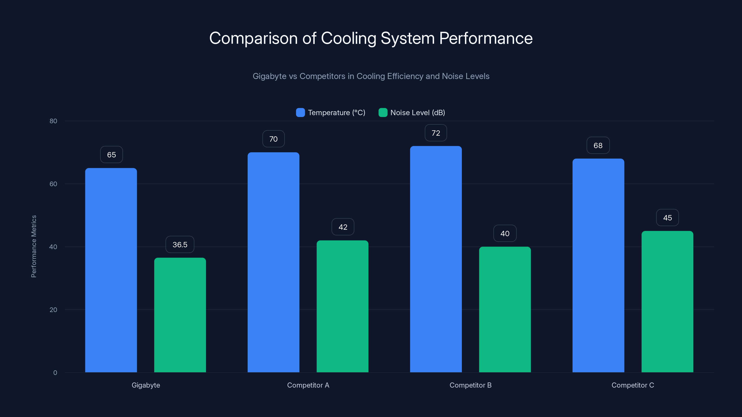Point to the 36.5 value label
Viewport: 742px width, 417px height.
coord(180,245)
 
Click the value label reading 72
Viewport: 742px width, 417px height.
coord(435,133)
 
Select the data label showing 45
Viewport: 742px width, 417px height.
coord(667,218)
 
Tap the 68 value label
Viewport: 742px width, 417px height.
coord(598,146)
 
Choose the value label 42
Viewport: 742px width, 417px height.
coord(343,227)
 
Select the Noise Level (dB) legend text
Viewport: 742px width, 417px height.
coord(417,113)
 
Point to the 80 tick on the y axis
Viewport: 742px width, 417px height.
coord(53,121)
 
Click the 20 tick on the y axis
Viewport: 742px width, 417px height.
coord(53,310)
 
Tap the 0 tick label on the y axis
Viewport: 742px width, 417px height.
coord(55,373)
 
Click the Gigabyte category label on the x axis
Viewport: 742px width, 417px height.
coord(146,385)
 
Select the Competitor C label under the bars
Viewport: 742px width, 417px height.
coord(633,385)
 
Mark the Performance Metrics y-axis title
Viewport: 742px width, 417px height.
coord(34,246)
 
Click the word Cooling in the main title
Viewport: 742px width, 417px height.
coord(349,38)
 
